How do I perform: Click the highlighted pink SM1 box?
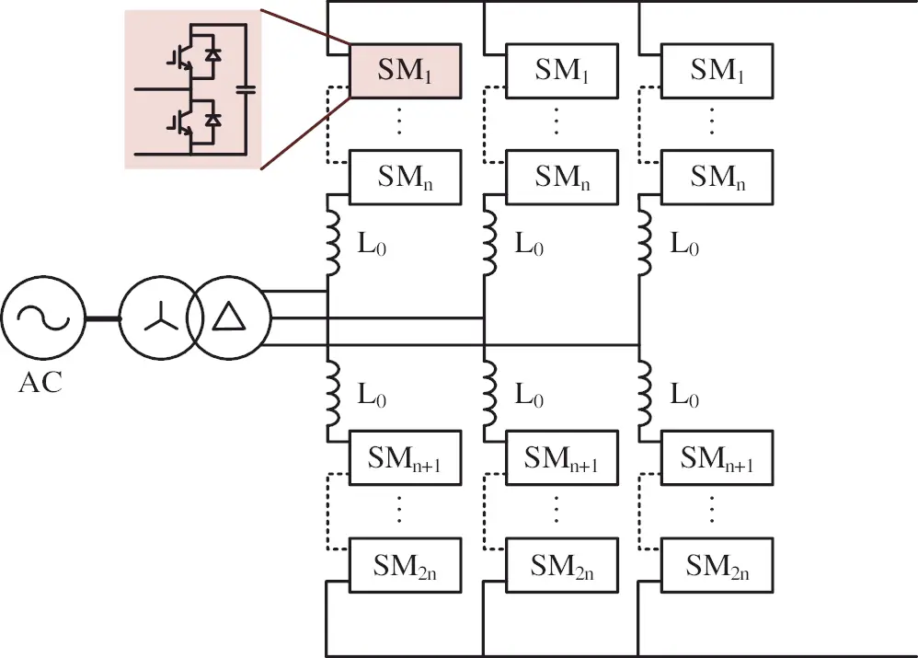tap(404, 70)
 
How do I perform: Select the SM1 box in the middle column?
tap(560, 70)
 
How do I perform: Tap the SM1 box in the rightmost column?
tap(717, 70)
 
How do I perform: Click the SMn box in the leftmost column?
tap(404, 177)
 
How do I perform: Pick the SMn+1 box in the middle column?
tap(560, 457)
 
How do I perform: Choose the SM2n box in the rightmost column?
tap(717, 563)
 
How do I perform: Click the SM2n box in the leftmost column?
tap(404, 563)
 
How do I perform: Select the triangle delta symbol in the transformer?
tap(227, 318)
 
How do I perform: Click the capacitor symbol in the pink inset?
tap(245, 89)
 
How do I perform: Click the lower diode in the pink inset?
tap(212, 121)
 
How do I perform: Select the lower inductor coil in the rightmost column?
tap(646, 395)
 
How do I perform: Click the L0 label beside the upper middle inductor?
tap(527, 246)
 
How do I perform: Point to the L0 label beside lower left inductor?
tap(372, 396)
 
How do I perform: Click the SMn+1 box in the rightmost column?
tap(717, 457)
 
